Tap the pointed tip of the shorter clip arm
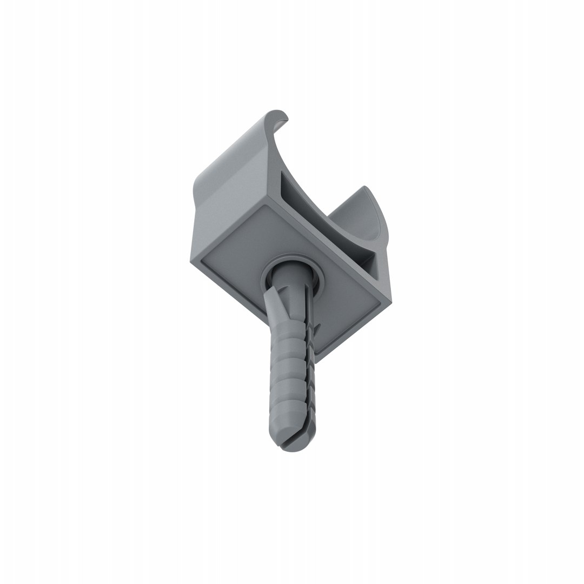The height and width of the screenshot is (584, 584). point(366,189)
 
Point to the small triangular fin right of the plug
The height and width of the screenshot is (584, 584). point(318,327)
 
